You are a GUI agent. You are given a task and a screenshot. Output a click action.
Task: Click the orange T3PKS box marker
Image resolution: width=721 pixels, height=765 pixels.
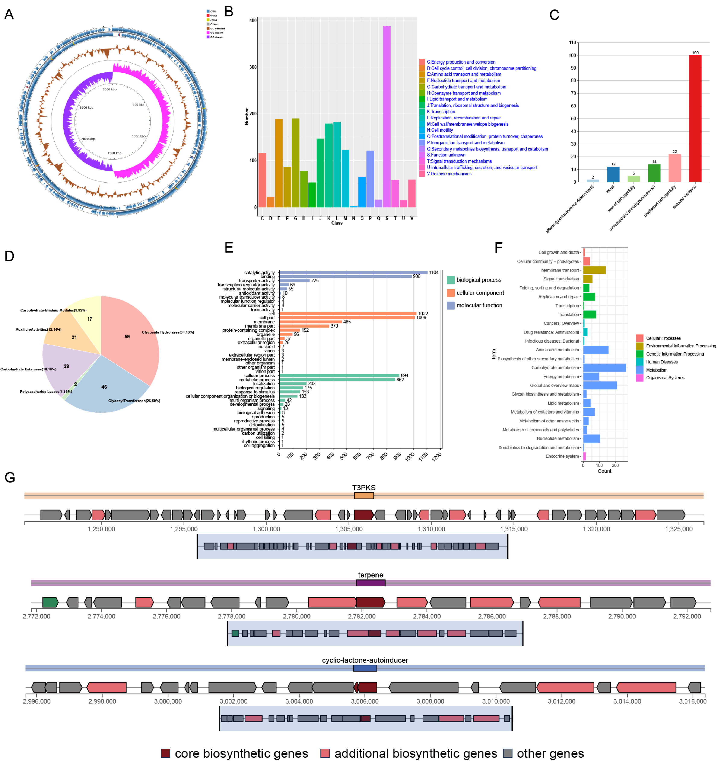click(363, 496)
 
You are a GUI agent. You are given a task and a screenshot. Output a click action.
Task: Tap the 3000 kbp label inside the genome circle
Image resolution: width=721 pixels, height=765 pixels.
click(109, 89)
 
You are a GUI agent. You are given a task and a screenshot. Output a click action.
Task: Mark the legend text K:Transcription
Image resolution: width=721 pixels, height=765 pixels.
click(440, 112)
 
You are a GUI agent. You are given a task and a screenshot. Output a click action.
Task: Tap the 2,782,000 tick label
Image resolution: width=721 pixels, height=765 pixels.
click(361, 616)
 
